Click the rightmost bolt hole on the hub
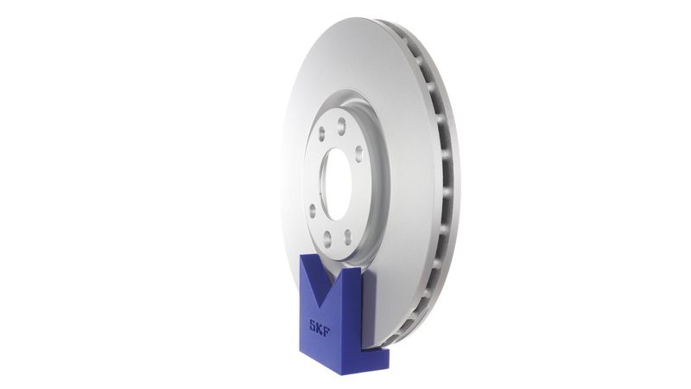click(x=358, y=154)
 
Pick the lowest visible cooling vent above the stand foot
click(x=404, y=329)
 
